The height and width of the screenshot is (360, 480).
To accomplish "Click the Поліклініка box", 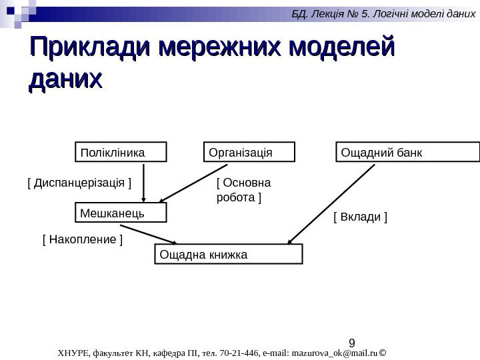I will [119, 153].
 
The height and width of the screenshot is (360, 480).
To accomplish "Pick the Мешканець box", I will [119, 213].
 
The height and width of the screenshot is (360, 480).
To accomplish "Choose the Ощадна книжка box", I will [228, 254].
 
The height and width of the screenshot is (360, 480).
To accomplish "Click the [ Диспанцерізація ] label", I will [79, 181].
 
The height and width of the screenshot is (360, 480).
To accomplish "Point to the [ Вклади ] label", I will [360, 217].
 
